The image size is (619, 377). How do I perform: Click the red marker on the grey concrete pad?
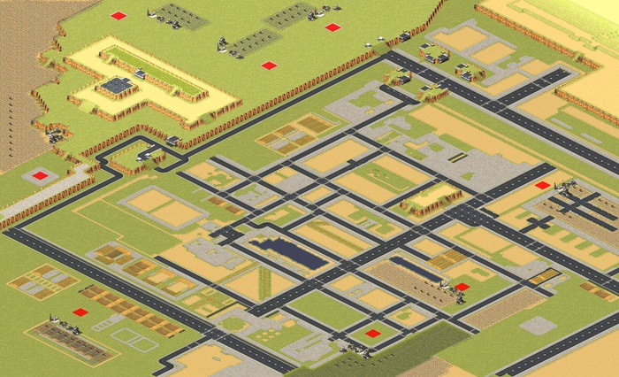tap(40, 175)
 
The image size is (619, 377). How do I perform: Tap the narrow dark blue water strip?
tap(415, 270)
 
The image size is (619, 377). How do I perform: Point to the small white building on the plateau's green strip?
tap(140, 75)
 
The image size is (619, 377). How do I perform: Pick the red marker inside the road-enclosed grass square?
tap(373, 334)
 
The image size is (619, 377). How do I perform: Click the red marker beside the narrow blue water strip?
tap(462, 287)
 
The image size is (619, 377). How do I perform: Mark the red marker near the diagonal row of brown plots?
tap(80, 312)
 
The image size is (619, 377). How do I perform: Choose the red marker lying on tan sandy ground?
tap(542, 185)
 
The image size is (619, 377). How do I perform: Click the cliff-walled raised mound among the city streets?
tap(431, 199)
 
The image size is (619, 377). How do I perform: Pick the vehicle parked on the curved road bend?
tap(172, 141)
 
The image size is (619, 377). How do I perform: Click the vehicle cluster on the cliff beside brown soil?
tap(55, 135)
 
